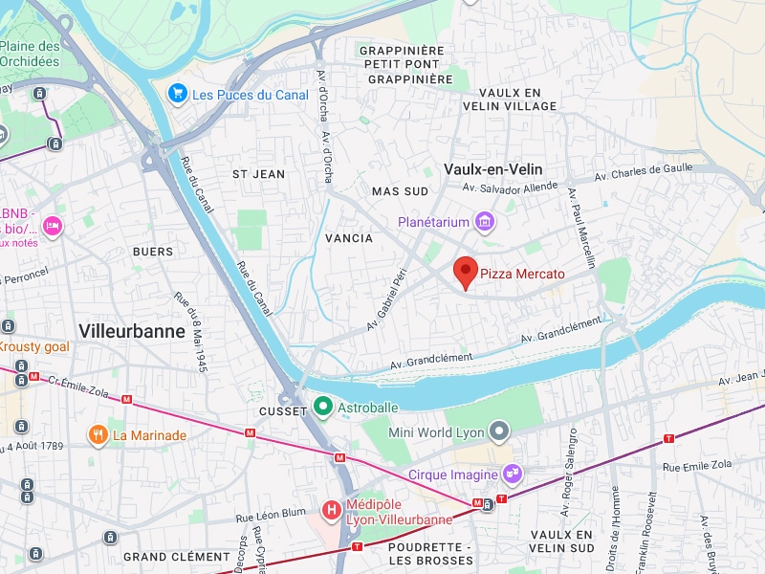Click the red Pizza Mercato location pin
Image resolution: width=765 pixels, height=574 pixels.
pos(465,271)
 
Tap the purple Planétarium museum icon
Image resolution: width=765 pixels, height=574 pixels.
pos(485,223)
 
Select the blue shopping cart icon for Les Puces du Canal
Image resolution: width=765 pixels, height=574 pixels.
pos(177,93)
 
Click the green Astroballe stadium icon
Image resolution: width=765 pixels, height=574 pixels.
pos(323,408)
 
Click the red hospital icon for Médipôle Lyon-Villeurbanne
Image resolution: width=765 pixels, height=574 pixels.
pos(331,510)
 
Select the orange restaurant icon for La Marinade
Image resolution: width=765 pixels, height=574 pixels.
pos(98,435)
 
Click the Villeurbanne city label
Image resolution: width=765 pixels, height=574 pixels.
pos(132,331)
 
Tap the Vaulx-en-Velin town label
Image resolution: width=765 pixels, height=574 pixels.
pos(493,168)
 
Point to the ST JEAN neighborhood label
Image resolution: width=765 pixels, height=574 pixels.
pos(258,174)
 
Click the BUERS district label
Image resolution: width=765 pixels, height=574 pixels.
pos(154,252)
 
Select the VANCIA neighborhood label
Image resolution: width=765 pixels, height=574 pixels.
pos(348,238)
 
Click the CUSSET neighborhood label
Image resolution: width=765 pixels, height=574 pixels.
pos(283,411)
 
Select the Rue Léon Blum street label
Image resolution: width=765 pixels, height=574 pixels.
pos(271,516)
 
